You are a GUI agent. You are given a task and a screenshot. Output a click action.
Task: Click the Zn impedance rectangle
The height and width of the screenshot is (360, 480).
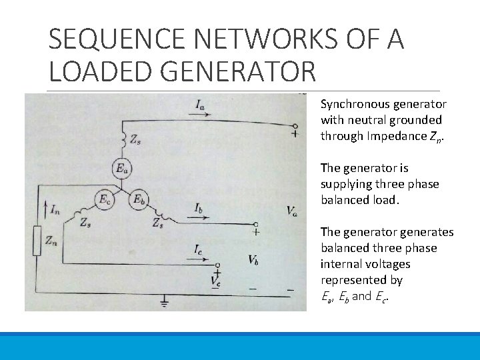point(37,241)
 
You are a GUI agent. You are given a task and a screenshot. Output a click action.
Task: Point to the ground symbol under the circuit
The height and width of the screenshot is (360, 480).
point(164,303)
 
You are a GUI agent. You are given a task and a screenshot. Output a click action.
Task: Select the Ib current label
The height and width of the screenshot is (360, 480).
point(199,209)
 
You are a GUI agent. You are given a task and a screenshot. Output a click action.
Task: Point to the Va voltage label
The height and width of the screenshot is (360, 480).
point(292,211)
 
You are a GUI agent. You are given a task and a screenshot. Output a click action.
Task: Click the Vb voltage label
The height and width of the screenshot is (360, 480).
point(253,260)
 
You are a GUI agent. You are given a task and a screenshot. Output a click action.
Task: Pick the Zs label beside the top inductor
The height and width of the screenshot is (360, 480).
point(135,141)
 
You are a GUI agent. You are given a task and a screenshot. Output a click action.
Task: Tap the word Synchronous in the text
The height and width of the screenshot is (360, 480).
point(353,104)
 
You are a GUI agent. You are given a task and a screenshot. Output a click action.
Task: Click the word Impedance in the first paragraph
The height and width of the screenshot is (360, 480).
point(392,136)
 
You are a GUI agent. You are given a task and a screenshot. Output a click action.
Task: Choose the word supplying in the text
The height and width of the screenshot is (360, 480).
point(346,184)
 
